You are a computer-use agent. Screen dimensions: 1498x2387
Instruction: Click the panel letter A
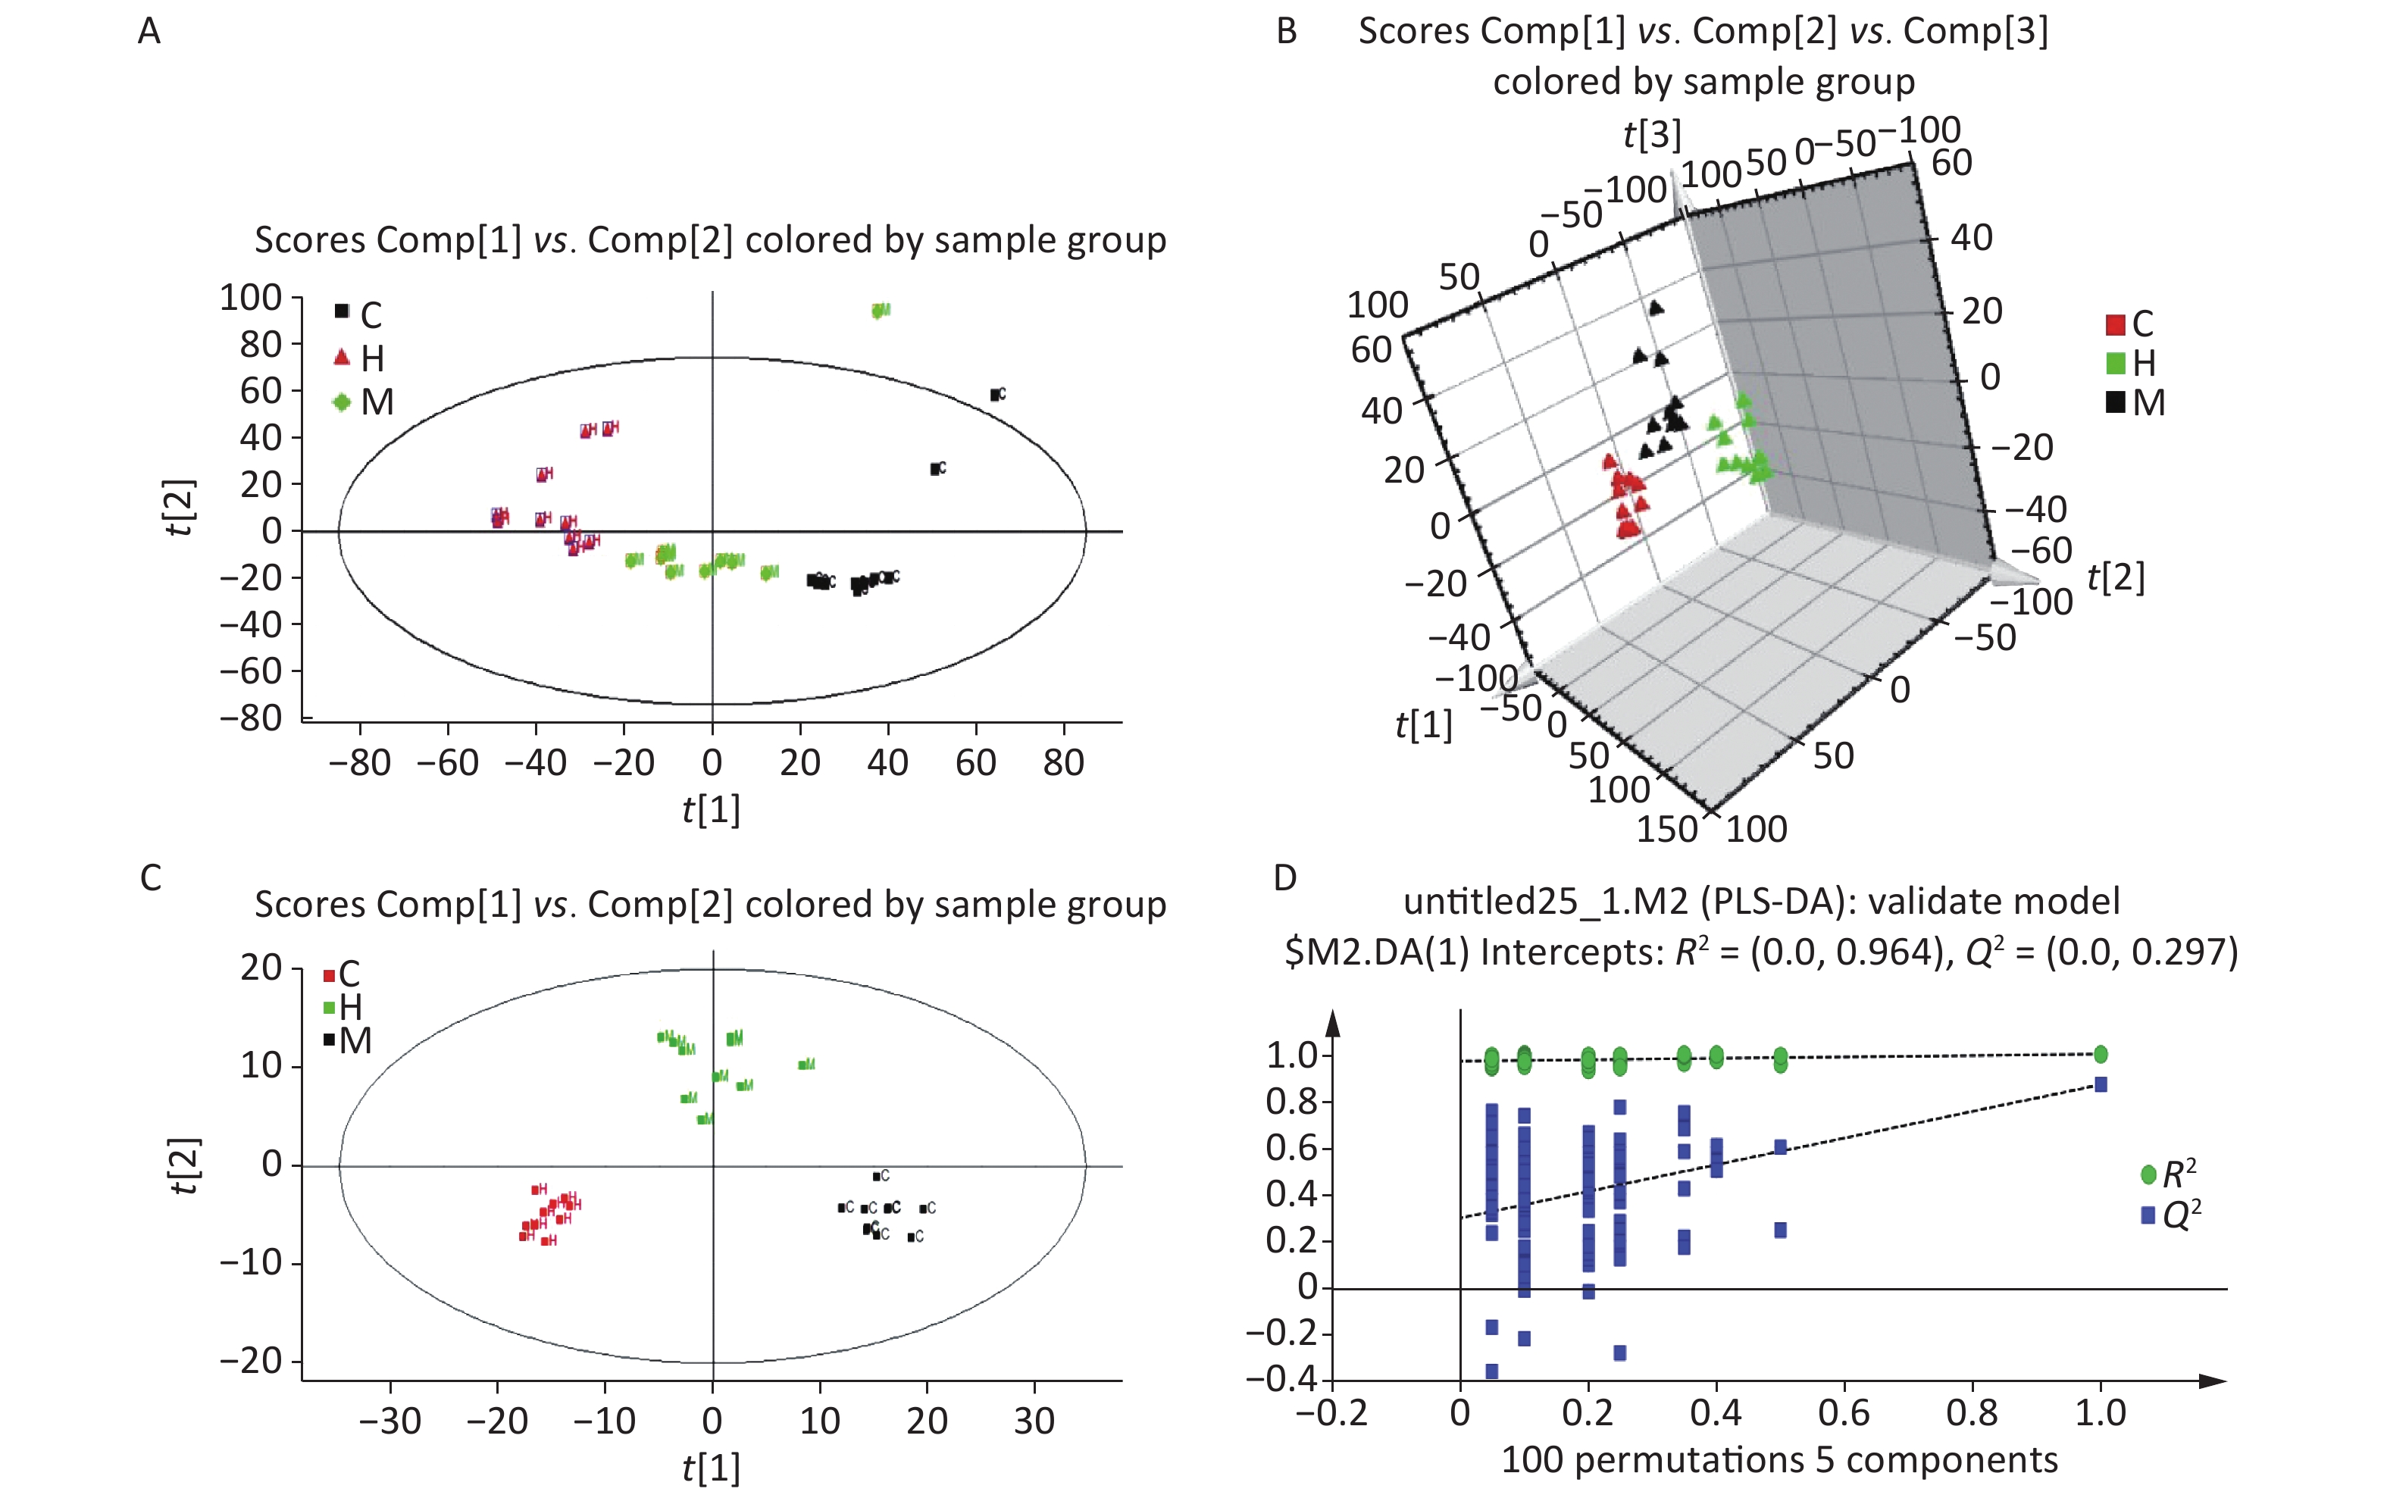pos(149,32)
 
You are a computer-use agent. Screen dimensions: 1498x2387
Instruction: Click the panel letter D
pos(1284,877)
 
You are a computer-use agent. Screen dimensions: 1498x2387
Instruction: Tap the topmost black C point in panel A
pos(995,394)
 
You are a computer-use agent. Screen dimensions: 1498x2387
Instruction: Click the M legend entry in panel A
pos(364,402)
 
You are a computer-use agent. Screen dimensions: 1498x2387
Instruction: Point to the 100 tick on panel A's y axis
pos(251,297)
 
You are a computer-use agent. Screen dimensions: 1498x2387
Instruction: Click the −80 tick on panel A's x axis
pos(360,763)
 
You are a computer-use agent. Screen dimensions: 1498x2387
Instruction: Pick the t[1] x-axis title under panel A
pos(712,809)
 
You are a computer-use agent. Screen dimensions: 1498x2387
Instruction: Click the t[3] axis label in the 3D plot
pos(1652,134)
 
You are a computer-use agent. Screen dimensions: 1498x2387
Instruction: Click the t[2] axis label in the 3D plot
pos(2116,577)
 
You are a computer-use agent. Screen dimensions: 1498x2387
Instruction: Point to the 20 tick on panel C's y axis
pos(261,967)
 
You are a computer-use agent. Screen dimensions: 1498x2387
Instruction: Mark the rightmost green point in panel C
pos(805,1064)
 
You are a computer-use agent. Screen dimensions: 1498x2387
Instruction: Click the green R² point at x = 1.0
pos(2100,1054)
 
